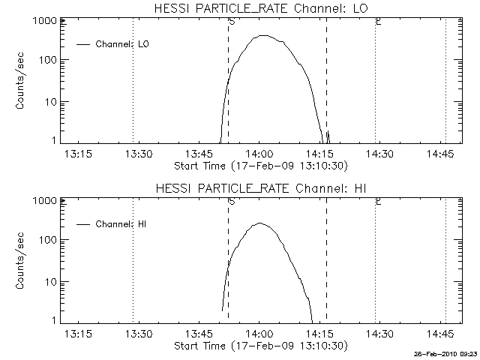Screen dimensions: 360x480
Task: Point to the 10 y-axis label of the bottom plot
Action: point(49,281)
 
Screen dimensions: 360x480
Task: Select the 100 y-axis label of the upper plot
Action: point(47,60)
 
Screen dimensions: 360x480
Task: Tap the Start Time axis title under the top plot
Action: point(259,165)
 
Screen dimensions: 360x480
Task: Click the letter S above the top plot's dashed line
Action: point(231,22)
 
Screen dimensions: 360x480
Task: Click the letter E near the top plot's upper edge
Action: point(378,22)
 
